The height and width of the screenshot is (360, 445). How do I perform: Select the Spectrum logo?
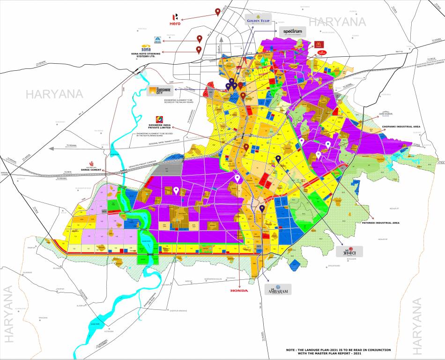(x=292, y=32)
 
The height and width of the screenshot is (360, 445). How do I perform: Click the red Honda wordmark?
(x=239, y=291)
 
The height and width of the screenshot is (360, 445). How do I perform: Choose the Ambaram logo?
(x=277, y=289)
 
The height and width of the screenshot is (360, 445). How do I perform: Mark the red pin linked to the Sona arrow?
(x=199, y=49)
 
